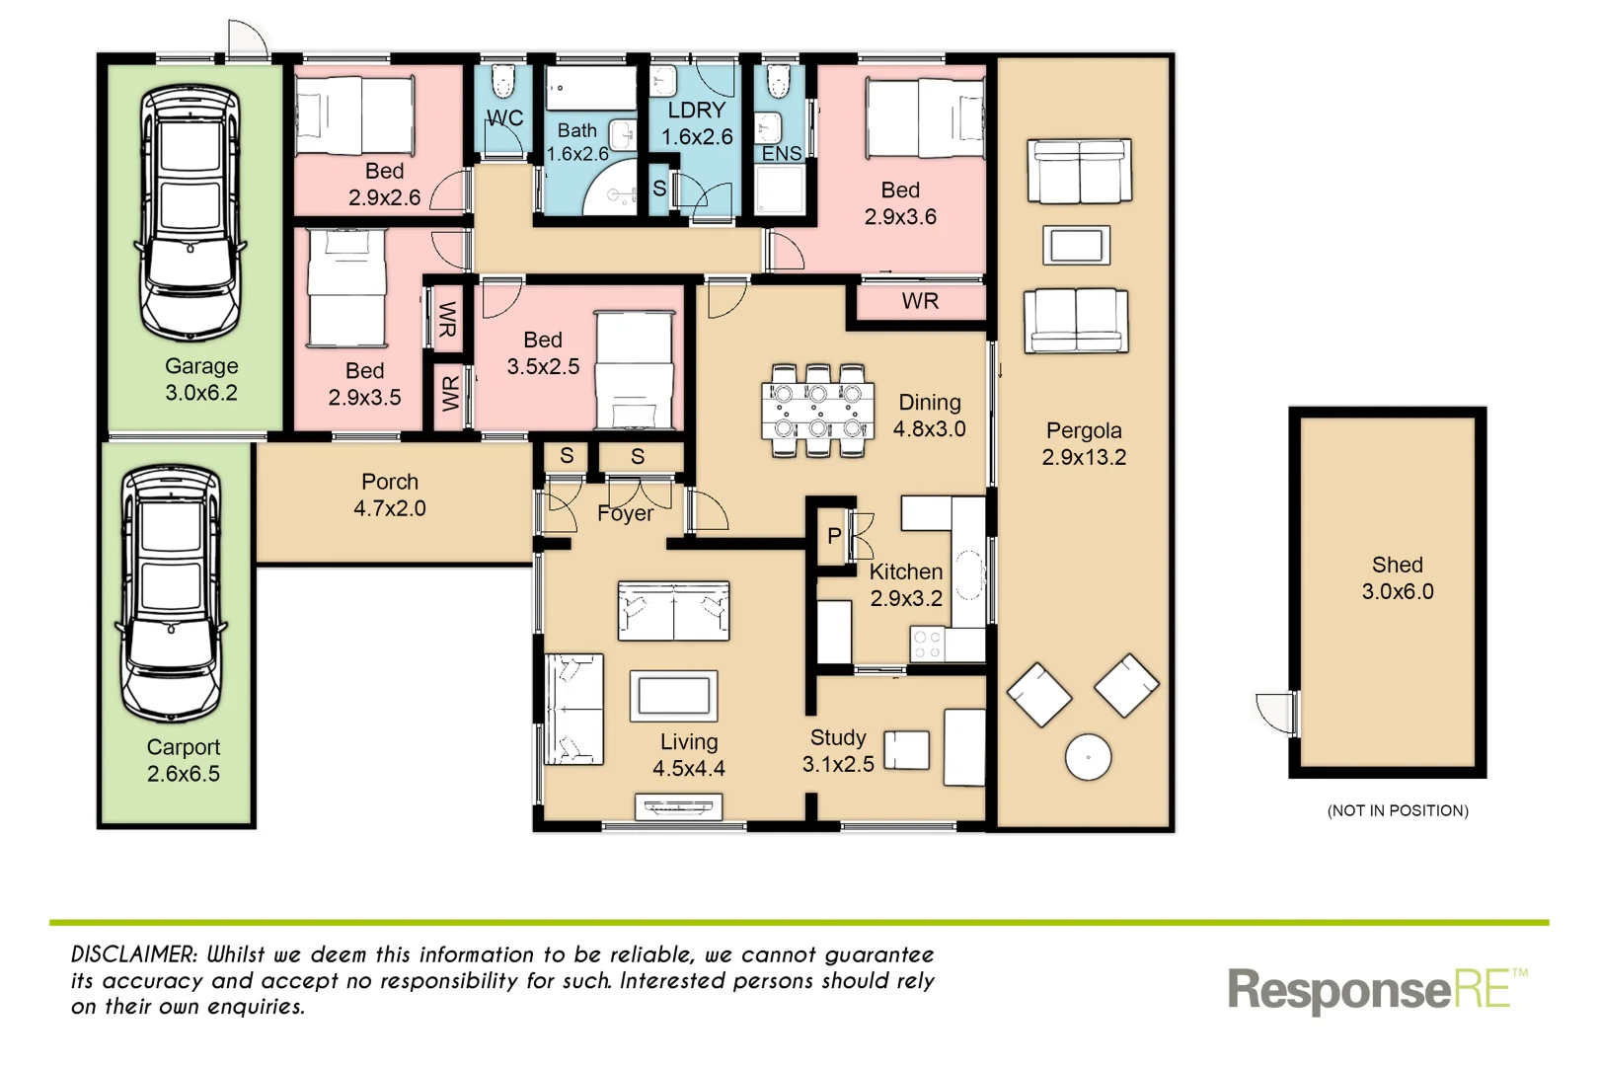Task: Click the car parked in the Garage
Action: pyautogui.click(x=190, y=212)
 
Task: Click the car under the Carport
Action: pyautogui.click(x=171, y=592)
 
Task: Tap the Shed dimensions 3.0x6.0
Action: pyautogui.click(x=1398, y=592)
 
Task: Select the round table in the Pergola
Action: pyautogui.click(x=1089, y=758)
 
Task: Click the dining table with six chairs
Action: pyautogui.click(x=817, y=411)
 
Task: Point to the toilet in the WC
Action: pyautogui.click(x=504, y=81)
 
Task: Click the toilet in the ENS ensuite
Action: pyautogui.click(x=780, y=81)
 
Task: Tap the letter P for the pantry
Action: pyautogui.click(x=835, y=536)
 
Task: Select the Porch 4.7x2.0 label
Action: pyautogui.click(x=390, y=495)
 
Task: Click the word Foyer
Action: pyautogui.click(x=625, y=513)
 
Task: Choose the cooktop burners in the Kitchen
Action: pyautogui.click(x=927, y=645)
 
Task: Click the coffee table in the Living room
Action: pyautogui.click(x=674, y=695)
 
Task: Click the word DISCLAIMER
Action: pyautogui.click(x=134, y=954)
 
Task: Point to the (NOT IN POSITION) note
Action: pyautogui.click(x=1398, y=810)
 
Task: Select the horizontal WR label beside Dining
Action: pyautogui.click(x=920, y=301)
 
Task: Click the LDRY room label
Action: pyautogui.click(x=697, y=111)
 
